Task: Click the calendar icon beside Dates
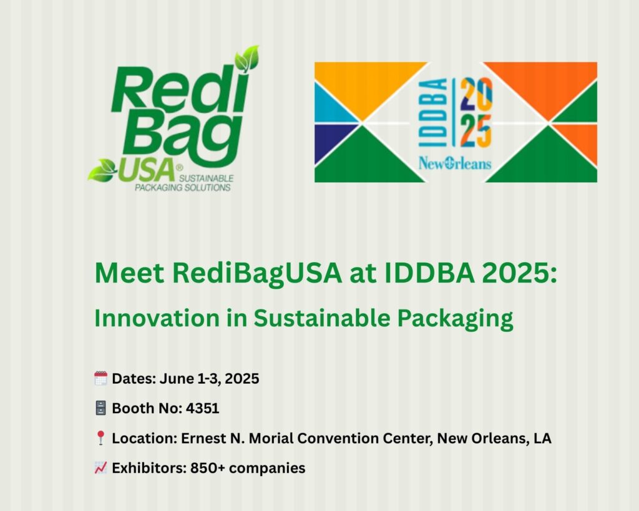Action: coord(100,378)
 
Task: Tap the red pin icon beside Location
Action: coord(100,438)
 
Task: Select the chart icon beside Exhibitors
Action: coord(100,468)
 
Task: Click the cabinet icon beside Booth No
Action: coord(100,408)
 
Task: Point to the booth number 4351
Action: coord(203,408)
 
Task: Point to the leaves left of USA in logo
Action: coord(102,171)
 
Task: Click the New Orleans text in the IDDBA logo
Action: coord(455,163)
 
